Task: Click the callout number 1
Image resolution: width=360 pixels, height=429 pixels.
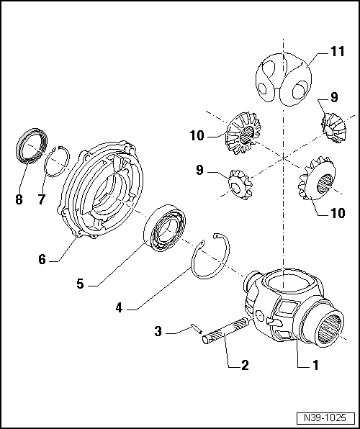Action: (315, 365)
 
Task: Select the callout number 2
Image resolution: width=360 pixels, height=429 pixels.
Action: (245, 365)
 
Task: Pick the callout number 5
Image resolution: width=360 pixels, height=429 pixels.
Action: (81, 284)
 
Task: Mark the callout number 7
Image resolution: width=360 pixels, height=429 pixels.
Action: (42, 199)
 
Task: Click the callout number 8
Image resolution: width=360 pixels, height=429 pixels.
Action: (19, 199)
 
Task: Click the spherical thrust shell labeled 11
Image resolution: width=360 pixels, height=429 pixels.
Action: (283, 78)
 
